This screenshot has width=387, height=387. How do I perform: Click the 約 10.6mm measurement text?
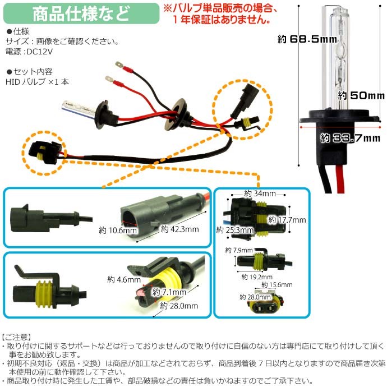point(118,231)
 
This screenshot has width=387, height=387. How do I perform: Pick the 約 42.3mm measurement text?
point(179,229)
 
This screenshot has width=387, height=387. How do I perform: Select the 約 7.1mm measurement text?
point(172,292)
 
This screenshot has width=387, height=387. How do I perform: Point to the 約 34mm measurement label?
point(255,193)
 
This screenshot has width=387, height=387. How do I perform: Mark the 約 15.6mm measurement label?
point(279,285)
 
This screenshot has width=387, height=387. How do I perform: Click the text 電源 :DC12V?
point(30,52)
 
